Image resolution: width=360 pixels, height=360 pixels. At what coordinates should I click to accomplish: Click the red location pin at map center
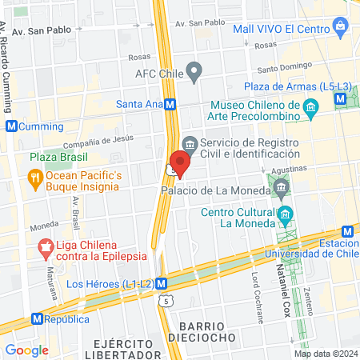[x=180, y=163]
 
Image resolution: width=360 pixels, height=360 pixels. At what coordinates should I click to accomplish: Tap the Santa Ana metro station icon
[x=171, y=104]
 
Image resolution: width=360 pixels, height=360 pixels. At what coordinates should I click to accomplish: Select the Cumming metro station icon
[x=10, y=126]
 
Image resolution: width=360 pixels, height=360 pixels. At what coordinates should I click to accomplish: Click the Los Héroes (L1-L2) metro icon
[x=162, y=283]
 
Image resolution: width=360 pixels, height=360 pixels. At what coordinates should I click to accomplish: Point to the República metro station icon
[x=36, y=318]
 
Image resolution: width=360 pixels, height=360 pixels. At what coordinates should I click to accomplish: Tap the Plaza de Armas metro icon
[x=342, y=98]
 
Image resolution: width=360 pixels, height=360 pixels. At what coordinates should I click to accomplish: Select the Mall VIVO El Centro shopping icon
[x=344, y=29]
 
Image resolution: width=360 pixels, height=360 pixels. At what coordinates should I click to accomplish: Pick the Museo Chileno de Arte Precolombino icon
[x=312, y=106]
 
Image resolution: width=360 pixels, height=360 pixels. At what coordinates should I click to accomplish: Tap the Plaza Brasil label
[x=59, y=158]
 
